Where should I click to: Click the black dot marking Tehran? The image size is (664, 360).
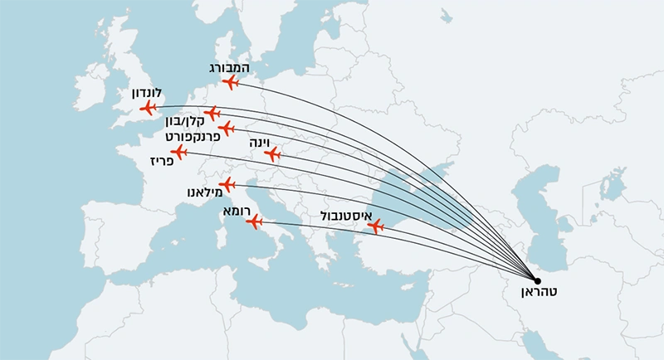(x=536, y=280)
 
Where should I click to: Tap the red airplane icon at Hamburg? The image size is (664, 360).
(x=231, y=81)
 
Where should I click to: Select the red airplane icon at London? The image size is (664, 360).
(x=149, y=108)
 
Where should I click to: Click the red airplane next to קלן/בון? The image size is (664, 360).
(x=212, y=113)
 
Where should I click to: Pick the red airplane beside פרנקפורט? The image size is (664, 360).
(x=226, y=129)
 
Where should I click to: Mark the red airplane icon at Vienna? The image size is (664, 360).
(x=271, y=153)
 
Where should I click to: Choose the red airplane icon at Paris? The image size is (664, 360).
(x=178, y=152)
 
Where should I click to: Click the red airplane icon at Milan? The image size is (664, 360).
(x=227, y=185)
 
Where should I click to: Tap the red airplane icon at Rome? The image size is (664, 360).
(x=255, y=221)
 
